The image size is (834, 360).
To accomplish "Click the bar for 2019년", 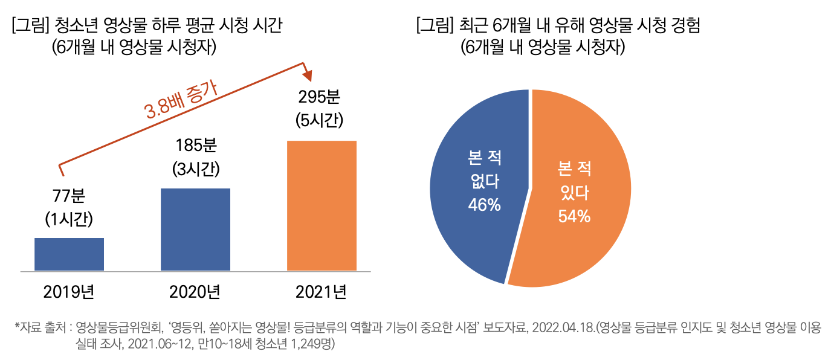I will click(69, 254).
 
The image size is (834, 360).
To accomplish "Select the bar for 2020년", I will click(195, 230).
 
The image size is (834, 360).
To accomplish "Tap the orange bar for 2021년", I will click(322, 205).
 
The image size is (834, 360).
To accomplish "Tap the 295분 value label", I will click(320, 97).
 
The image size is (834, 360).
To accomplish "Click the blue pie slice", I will click(477, 181).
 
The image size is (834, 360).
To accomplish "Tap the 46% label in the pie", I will click(484, 205).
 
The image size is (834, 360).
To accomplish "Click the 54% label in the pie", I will click(574, 216).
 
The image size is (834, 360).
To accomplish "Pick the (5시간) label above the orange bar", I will click(320, 120).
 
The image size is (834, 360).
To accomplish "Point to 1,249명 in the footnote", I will click(309, 344).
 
